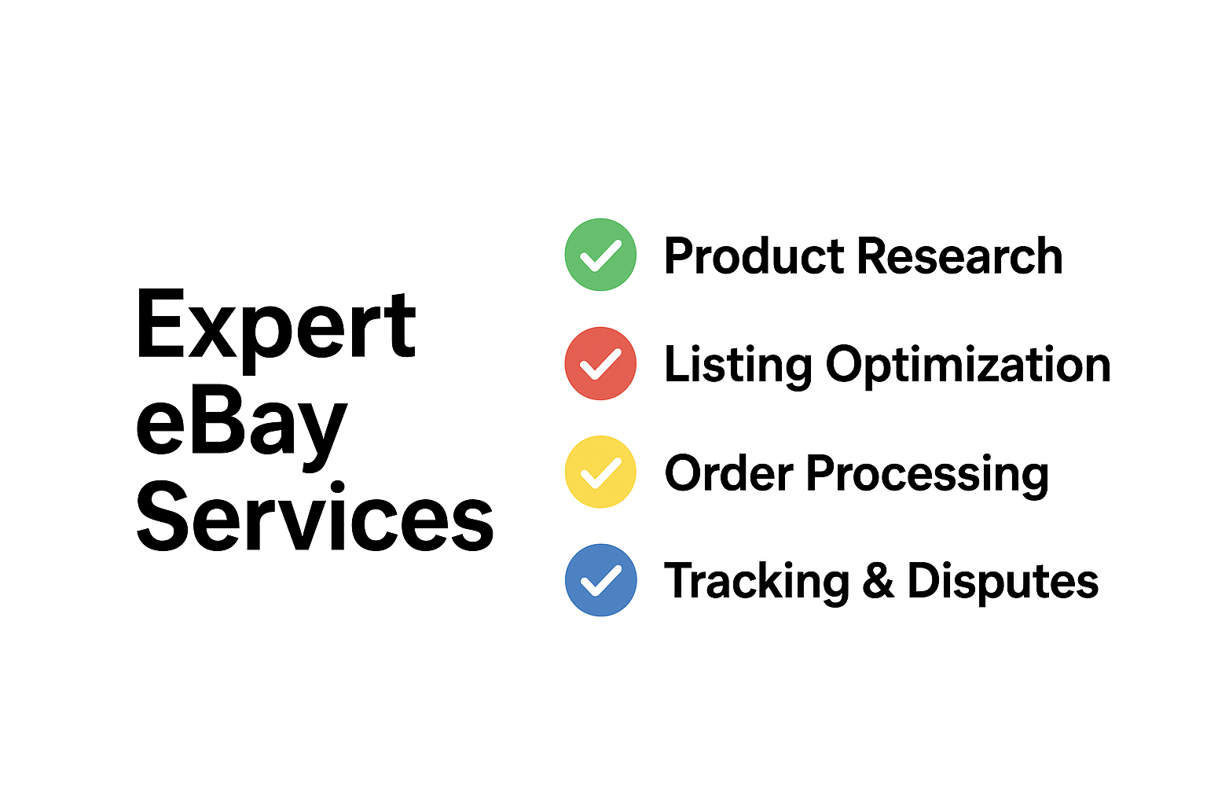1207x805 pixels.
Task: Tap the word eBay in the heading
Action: click(241, 427)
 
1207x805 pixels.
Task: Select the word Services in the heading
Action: click(315, 516)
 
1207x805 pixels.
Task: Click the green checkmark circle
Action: click(600, 255)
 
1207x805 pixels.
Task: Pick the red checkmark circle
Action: click(600, 363)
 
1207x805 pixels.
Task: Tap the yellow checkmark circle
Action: click(600, 472)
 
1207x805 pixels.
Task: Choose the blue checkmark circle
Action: click(600, 580)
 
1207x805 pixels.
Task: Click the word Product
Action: click(754, 255)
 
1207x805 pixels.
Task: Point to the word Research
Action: click(959, 255)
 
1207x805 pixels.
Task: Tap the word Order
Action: click(729, 473)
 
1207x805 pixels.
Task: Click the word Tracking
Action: click(757, 583)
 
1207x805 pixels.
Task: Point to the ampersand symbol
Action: click(879, 580)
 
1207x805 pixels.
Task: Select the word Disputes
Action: click(1003, 583)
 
